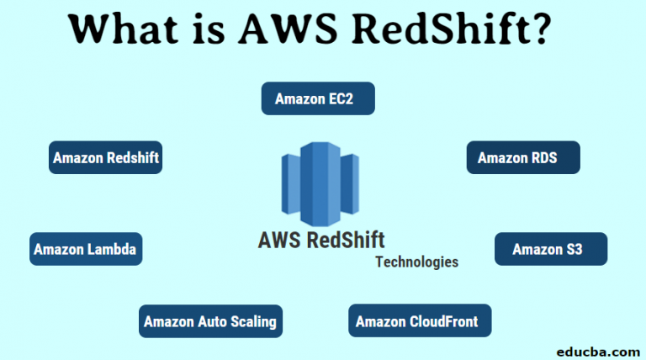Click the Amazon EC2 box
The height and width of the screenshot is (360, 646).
coord(317,98)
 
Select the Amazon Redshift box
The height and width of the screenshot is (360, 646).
coord(105,157)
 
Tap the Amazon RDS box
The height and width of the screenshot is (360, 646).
coord(523,157)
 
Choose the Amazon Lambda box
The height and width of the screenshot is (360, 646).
coord(85,249)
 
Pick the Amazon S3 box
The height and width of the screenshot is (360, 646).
coord(550,249)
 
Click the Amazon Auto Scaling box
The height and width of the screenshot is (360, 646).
coord(209,321)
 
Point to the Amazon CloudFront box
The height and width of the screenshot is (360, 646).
coord(419,321)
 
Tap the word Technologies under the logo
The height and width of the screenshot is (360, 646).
coord(417,262)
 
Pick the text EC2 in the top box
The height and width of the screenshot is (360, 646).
coord(341,98)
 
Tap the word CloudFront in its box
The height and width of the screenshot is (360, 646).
coord(442,321)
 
